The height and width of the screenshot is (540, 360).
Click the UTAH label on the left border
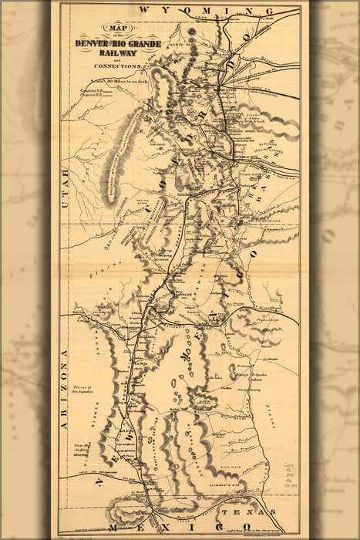pyautogui.click(x=66, y=185)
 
